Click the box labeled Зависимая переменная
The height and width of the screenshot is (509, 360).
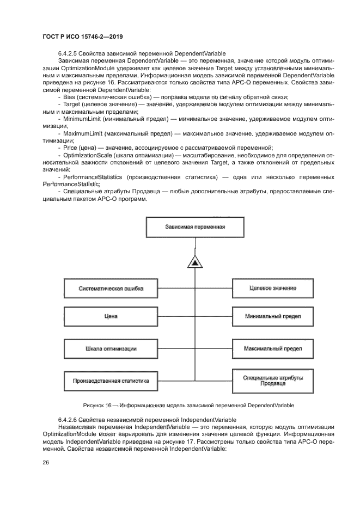click(x=194, y=227)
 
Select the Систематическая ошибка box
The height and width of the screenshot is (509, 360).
click(x=111, y=288)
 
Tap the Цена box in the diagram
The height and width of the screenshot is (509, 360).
click(x=111, y=316)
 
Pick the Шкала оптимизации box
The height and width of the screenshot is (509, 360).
click(x=111, y=348)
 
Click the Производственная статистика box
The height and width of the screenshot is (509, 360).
click(x=111, y=381)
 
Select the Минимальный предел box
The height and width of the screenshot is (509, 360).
click(x=272, y=316)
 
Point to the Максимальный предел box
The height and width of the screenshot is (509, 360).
click(x=272, y=348)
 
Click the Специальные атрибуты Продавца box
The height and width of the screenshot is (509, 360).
click(x=272, y=380)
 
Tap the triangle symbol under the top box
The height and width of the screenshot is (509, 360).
click(x=194, y=263)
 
